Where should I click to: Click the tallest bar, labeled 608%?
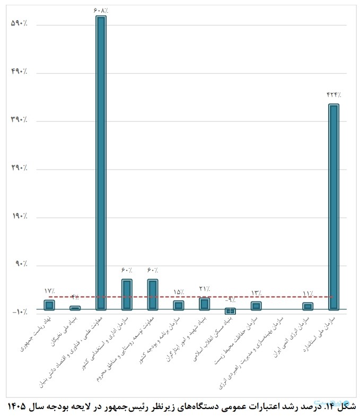click(x=101, y=163)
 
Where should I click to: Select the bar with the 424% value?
click(x=333, y=207)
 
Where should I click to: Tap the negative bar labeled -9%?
click(x=230, y=311)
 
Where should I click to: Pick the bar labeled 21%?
click(x=205, y=304)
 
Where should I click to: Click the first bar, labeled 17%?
click(x=49, y=305)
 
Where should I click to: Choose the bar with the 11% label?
click(x=308, y=306)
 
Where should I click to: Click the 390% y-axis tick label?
click(x=19, y=120)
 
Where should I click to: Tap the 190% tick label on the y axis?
click(x=19, y=217)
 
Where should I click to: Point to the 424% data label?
click(x=333, y=95)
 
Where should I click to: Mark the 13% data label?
click(x=256, y=293)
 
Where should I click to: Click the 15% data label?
click(x=179, y=292)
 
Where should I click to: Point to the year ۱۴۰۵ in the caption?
click(x=17, y=407)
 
